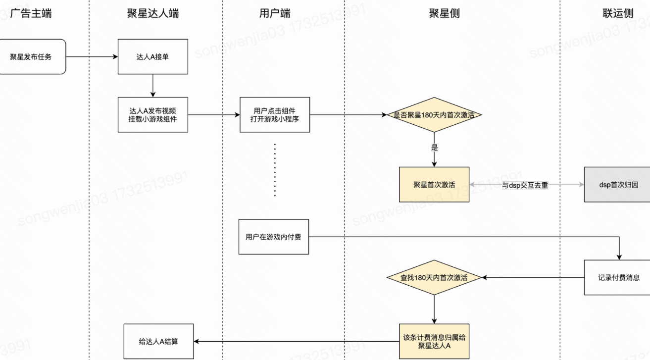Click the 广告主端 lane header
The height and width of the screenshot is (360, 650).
tap(31, 13)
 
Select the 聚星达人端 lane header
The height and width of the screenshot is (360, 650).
tap(153, 13)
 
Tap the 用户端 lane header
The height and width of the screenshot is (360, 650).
tap(275, 13)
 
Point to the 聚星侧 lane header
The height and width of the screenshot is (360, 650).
tap(444, 13)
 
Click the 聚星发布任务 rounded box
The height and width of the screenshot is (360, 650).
tap(33, 57)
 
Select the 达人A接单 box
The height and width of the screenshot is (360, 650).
tap(153, 57)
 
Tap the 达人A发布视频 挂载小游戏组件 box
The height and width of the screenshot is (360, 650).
tap(153, 114)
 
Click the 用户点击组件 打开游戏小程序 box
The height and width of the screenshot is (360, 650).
tap(275, 114)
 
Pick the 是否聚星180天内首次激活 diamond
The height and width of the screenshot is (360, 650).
tap(434, 114)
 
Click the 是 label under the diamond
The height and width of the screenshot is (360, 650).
tap(435, 148)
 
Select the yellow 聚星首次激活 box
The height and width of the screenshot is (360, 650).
tap(434, 185)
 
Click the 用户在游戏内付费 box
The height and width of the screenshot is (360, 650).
tap(273, 237)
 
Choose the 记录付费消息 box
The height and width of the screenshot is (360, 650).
tap(617, 277)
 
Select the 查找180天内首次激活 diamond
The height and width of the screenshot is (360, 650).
tap(434, 277)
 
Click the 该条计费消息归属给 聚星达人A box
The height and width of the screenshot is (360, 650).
tap(434, 341)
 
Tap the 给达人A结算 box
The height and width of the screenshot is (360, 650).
tap(158, 341)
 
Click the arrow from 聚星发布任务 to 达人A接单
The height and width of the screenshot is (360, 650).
tap(92, 57)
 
